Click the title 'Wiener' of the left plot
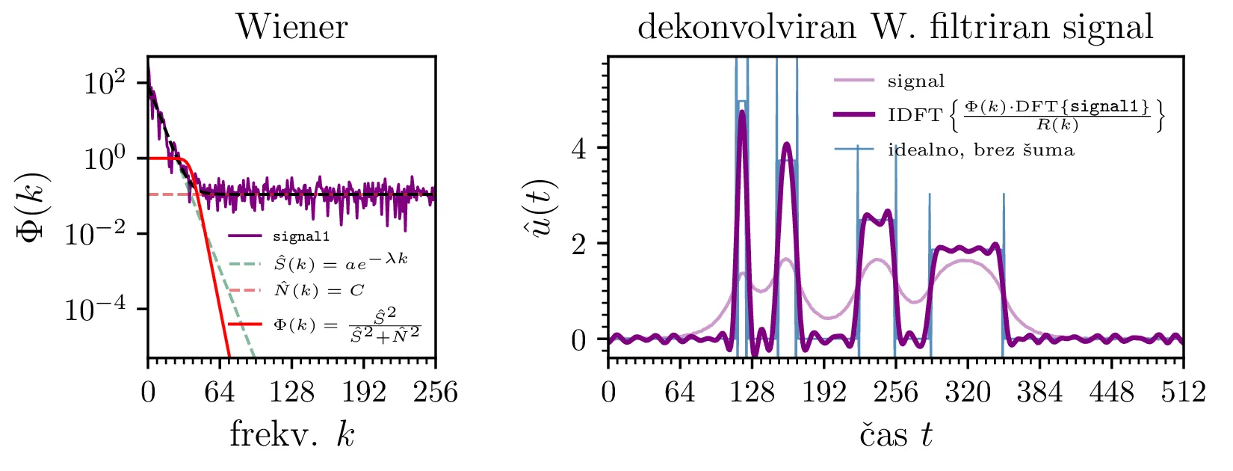tap(291, 28)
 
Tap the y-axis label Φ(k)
tap(32, 206)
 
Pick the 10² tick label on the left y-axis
tap(104, 83)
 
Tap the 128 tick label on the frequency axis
tap(291, 392)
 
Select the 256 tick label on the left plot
tap(435, 392)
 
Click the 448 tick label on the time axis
tap(1111, 392)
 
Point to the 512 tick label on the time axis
tap(1183, 392)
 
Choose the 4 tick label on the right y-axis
tap(579, 148)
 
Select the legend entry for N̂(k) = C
tap(318, 290)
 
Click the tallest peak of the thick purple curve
tap(742, 112)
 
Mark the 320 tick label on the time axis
tap(967, 392)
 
